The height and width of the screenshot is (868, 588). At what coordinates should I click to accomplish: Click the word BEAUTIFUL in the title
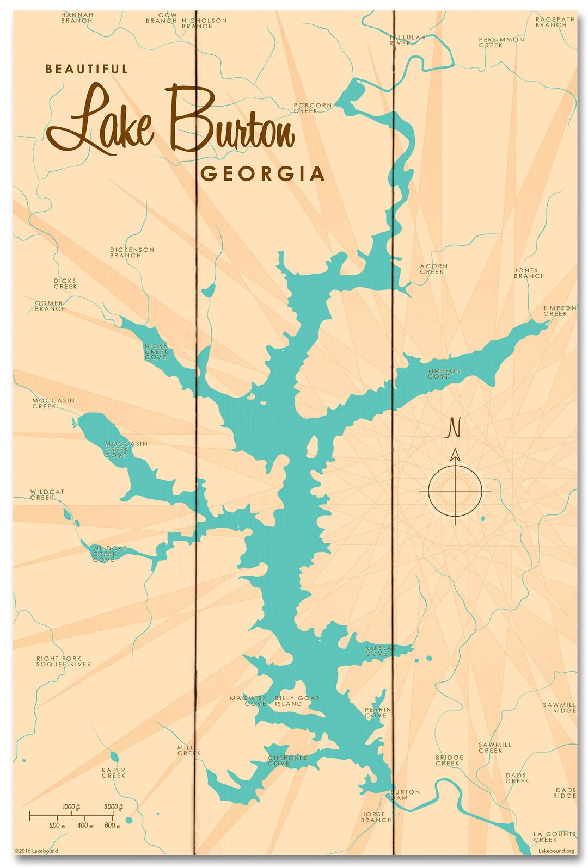tap(87, 69)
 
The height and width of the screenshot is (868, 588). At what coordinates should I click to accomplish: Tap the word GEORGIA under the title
tap(262, 174)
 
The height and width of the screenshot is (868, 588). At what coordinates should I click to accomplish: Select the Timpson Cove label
tap(444, 373)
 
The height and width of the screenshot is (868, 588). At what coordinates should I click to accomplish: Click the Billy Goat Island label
tap(297, 700)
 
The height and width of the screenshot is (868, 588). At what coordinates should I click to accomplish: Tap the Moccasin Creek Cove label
tap(126, 449)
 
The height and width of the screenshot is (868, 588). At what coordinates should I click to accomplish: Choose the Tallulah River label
tap(407, 40)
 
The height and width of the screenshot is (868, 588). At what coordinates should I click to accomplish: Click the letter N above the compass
tap(454, 427)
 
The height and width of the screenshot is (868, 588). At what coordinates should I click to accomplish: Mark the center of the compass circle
tap(455, 491)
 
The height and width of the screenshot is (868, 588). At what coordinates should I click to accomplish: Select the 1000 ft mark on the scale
tap(71, 807)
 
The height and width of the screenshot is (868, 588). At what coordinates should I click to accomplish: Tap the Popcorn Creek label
tap(312, 108)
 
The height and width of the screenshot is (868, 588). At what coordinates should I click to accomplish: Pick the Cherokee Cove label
tap(287, 760)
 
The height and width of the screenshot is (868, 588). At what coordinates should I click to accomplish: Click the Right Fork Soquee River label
tap(64, 661)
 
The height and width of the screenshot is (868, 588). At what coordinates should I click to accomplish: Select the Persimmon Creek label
tap(501, 42)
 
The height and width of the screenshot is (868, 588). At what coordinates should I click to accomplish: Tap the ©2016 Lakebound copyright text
tap(36, 851)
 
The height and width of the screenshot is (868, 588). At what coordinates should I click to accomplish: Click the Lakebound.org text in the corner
tap(556, 851)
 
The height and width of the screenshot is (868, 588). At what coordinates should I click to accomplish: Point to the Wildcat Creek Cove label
tap(109, 554)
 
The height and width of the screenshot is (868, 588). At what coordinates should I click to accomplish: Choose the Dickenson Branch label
tap(132, 252)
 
